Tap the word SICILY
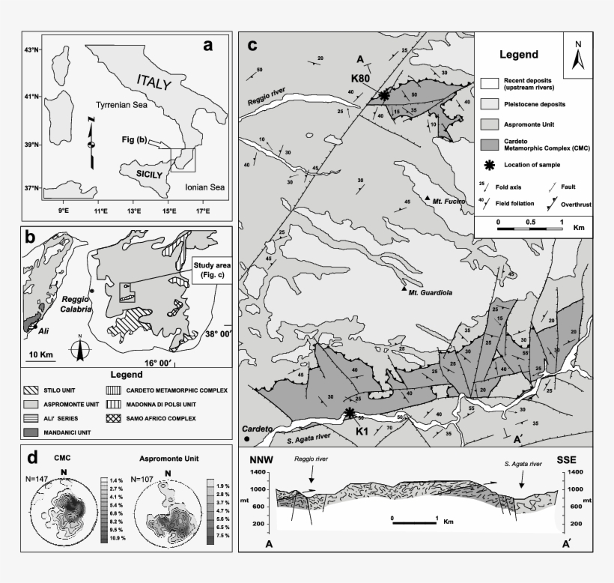(x=143, y=172)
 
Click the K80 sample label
(x=362, y=76)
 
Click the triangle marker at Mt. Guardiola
(x=404, y=289)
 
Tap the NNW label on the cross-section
(x=267, y=460)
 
